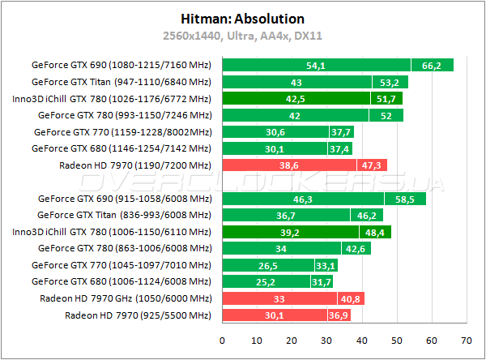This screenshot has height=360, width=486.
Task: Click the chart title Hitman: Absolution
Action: pos(242,17)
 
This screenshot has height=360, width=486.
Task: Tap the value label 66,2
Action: pos(432,65)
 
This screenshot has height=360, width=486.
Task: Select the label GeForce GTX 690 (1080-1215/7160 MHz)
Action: pos(121,65)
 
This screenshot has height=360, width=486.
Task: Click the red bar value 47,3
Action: pos(372,165)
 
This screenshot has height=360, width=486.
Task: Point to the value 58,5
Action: pos(405,199)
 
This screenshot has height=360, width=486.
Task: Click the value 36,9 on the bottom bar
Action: pos(339,315)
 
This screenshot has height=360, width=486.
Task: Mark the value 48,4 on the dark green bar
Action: pos(376,232)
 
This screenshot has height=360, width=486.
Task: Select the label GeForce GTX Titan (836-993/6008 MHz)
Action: pos(124,215)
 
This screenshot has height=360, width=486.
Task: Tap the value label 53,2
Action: pos(390,82)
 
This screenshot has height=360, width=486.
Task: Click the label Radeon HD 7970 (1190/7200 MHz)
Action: pos(134,165)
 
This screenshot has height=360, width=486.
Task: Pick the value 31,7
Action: pos(321,282)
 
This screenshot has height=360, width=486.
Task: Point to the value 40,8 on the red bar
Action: pos(351,298)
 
